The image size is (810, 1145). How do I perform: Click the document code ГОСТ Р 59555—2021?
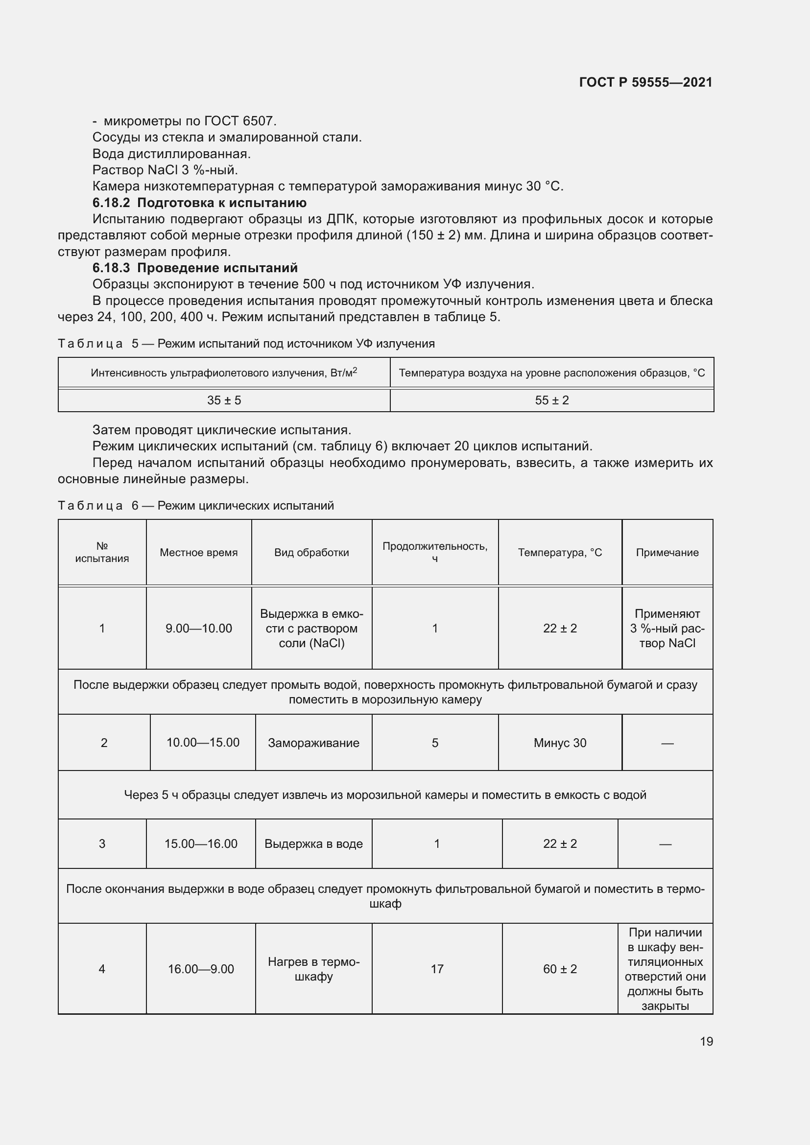tap(645, 82)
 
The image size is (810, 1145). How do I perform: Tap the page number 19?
tap(706, 1041)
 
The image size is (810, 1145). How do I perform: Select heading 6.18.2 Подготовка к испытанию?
tap(199, 203)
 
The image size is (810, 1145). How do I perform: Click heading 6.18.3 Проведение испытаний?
tap(194, 268)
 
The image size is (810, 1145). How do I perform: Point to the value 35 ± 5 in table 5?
tap(224, 400)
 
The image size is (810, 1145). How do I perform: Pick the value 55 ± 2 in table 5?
tap(551, 400)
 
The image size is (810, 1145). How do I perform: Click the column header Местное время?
tap(198, 553)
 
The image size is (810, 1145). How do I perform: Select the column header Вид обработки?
tap(311, 553)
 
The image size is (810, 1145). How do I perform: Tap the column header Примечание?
tap(667, 553)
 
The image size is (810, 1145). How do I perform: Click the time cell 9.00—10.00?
tap(198, 629)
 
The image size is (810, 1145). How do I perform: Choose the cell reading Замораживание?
tap(313, 743)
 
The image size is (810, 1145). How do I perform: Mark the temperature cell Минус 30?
tap(560, 743)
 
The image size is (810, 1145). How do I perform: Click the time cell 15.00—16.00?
tap(200, 844)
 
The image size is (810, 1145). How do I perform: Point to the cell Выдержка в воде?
tap(313, 844)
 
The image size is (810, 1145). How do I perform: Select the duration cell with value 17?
tap(437, 969)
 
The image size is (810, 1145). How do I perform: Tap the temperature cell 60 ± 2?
tap(560, 969)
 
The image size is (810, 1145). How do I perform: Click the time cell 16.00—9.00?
tap(200, 969)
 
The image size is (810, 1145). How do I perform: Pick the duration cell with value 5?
tap(435, 743)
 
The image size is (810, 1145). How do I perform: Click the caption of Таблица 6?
tap(195, 506)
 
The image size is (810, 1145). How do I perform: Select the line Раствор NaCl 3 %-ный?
tap(165, 170)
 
